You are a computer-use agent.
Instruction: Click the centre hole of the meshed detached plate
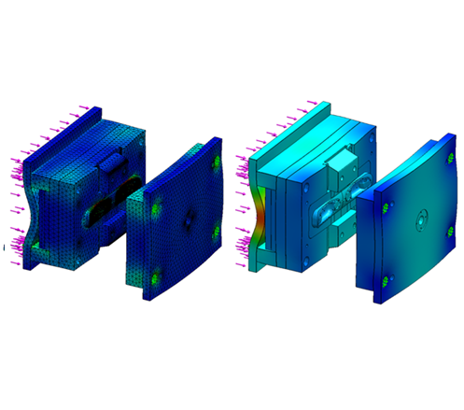click(x=188, y=214)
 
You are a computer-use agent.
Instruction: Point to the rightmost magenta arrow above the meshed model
click(x=95, y=109)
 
